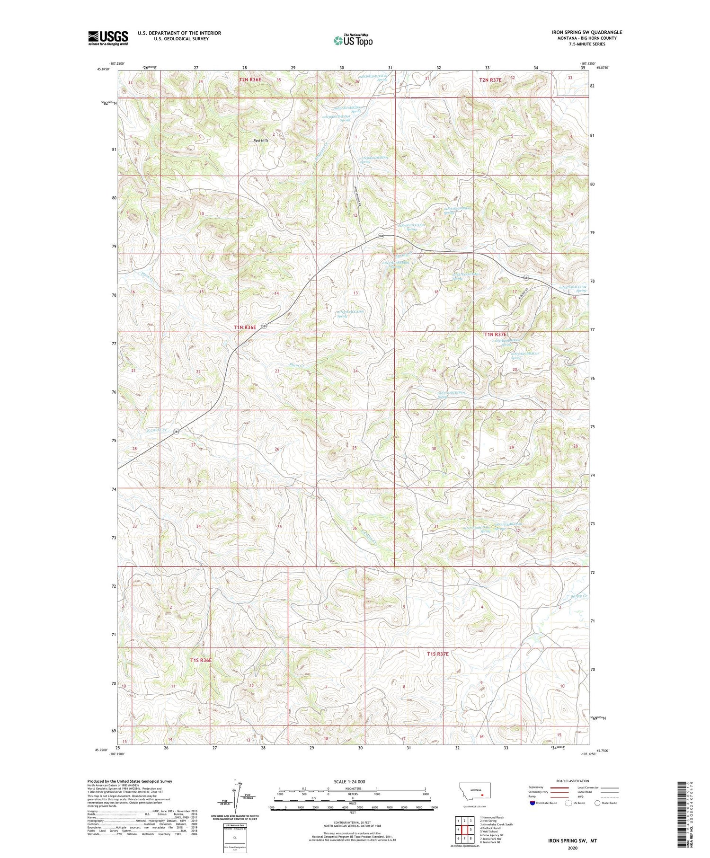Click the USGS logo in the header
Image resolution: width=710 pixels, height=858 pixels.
(x=108, y=38)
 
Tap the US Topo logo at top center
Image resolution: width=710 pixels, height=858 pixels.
(x=353, y=40)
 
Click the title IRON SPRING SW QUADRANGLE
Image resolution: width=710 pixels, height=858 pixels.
(x=586, y=33)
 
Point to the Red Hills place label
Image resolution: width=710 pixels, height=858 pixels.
(x=261, y=141)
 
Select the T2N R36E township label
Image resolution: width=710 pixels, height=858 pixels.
(x=250, y=80)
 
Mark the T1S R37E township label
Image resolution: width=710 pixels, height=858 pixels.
(x=437, y=654)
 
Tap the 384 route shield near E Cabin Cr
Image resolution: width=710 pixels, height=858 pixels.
(x=176, y=432)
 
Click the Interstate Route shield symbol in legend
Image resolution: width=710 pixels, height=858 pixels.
(x=532, y=803)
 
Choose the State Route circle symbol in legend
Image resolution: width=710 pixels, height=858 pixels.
(x=597, y=803)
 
